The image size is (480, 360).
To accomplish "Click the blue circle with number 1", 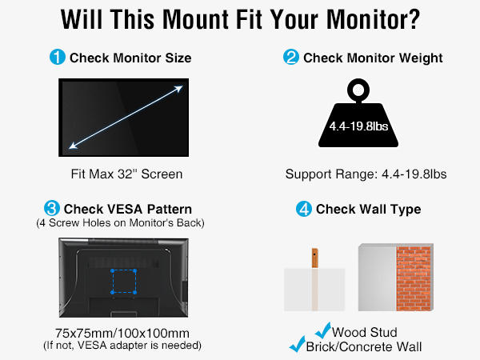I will pos(58,58).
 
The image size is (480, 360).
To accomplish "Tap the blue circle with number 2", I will pos(290,58).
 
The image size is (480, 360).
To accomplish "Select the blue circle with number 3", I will pos(51,209).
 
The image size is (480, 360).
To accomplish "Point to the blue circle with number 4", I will pos(304,210).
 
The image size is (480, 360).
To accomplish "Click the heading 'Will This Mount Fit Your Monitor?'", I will pos(240,19).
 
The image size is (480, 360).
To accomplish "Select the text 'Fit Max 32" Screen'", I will pos(126,174).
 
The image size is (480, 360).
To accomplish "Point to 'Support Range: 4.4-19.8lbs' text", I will pos(366,174).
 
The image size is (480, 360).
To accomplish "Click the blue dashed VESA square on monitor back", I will pos(124,282).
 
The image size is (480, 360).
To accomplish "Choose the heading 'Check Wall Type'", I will pos(369,210).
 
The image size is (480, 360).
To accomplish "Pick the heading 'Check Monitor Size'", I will pos(130,58).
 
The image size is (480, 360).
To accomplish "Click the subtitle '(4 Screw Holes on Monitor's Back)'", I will pos(120,222).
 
